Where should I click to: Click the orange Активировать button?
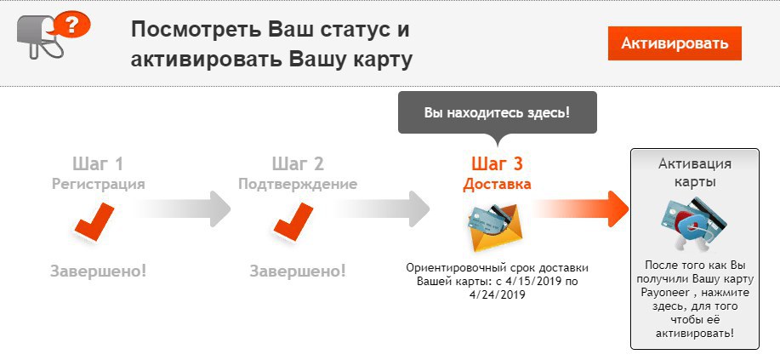tap(675, 43)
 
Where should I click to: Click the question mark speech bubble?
tap(71, 23)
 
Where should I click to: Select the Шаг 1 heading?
tap(98, 163)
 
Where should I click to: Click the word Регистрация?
tap(99, 184)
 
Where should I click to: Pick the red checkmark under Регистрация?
tap(94, 221)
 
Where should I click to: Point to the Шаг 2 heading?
tap(298, 163)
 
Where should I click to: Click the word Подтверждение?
tap(298, 184)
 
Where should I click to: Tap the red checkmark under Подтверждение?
tap(293, 221)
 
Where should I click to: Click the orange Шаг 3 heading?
tap(497, 163)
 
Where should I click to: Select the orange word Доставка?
tap(497, 184)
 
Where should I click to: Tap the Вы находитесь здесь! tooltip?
tap(498, 112)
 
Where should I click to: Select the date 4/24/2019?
tap(498, 294)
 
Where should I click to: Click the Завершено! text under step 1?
tap(99, 271)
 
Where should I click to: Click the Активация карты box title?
tap(695, 172)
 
